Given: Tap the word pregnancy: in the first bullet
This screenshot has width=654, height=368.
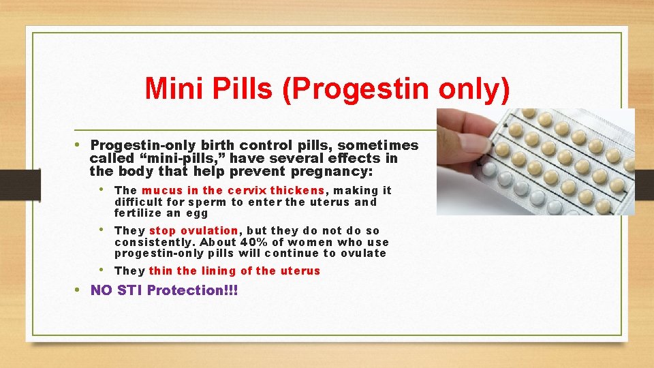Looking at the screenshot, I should (334, 171).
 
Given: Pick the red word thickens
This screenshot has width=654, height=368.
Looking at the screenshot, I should (297, 191).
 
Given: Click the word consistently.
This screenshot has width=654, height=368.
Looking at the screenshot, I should (155, 242).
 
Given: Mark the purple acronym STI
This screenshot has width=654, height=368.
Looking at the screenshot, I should (130, 290).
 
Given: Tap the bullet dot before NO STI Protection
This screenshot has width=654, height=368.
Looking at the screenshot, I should (78, 290).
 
